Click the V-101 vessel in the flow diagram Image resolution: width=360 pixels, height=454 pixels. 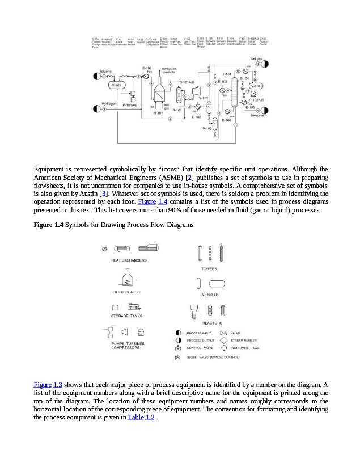pyautogui.click(x=117, y=86)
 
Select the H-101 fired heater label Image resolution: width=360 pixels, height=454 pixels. pyautogui.click(x=159, y=113)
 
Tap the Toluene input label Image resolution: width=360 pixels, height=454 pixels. pyautogui.click(x=105, y=71)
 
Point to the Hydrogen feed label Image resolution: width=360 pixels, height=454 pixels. pyautogui.click(x=109, y=104)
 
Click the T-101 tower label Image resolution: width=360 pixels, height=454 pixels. pyautogui.click(x=226, y=74)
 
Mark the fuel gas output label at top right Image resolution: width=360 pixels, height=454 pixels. pyautogui.click(x=256, y=58)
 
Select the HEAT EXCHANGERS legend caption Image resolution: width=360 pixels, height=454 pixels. pyautogui.click(x=129, y=260)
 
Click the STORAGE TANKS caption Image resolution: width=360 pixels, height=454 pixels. pyautogui.click(x=127, y=316)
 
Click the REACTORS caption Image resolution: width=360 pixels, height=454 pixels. pyautogui.click(x=212, y=323)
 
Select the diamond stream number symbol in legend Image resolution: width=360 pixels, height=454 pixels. pyautogui.click(x=225, y=340)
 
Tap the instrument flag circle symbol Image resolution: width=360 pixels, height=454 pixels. pyautogui.click(x=225, y=347)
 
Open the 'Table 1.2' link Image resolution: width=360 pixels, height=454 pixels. pyautogui.click(x=141, y=418)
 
